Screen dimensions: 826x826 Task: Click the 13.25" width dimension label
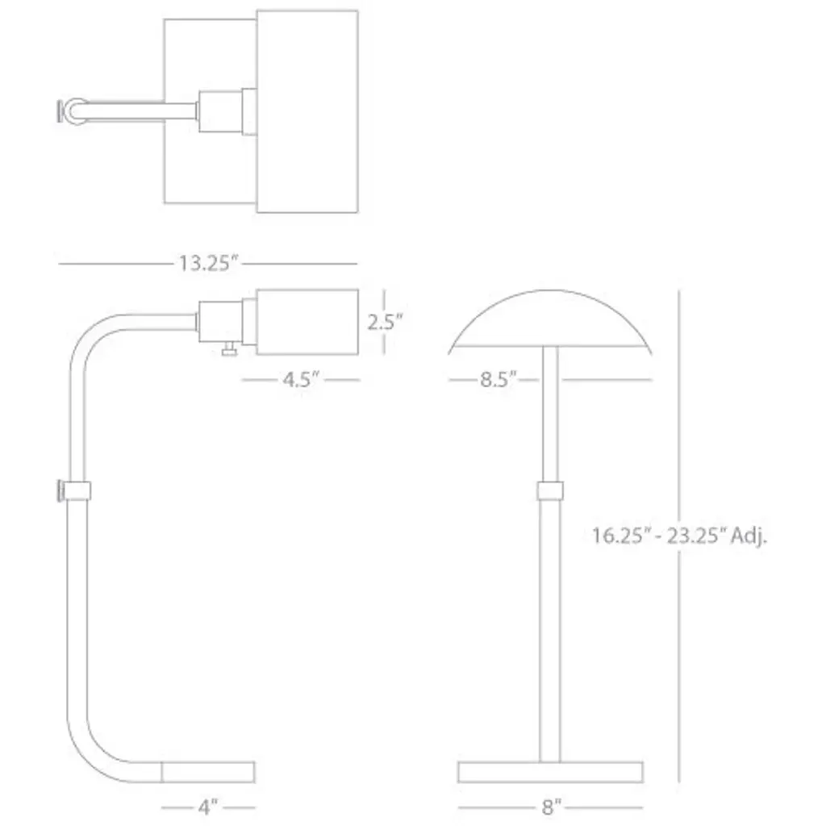click(x=209, y=263)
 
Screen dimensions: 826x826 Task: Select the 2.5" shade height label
click(x=385, y=321)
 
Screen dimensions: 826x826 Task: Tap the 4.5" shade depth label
click(x=301, y=379)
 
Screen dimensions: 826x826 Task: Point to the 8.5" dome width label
click(x=498, y=379)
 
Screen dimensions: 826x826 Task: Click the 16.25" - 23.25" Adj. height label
click(x=679, y=536)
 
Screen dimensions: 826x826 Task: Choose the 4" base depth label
click(x=208, y=807)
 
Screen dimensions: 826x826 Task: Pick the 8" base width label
click(x=551, y=807)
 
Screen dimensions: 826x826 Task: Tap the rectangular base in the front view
click(x=550, y=772)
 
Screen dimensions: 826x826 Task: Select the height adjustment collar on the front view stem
click(x=550, y=491)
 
